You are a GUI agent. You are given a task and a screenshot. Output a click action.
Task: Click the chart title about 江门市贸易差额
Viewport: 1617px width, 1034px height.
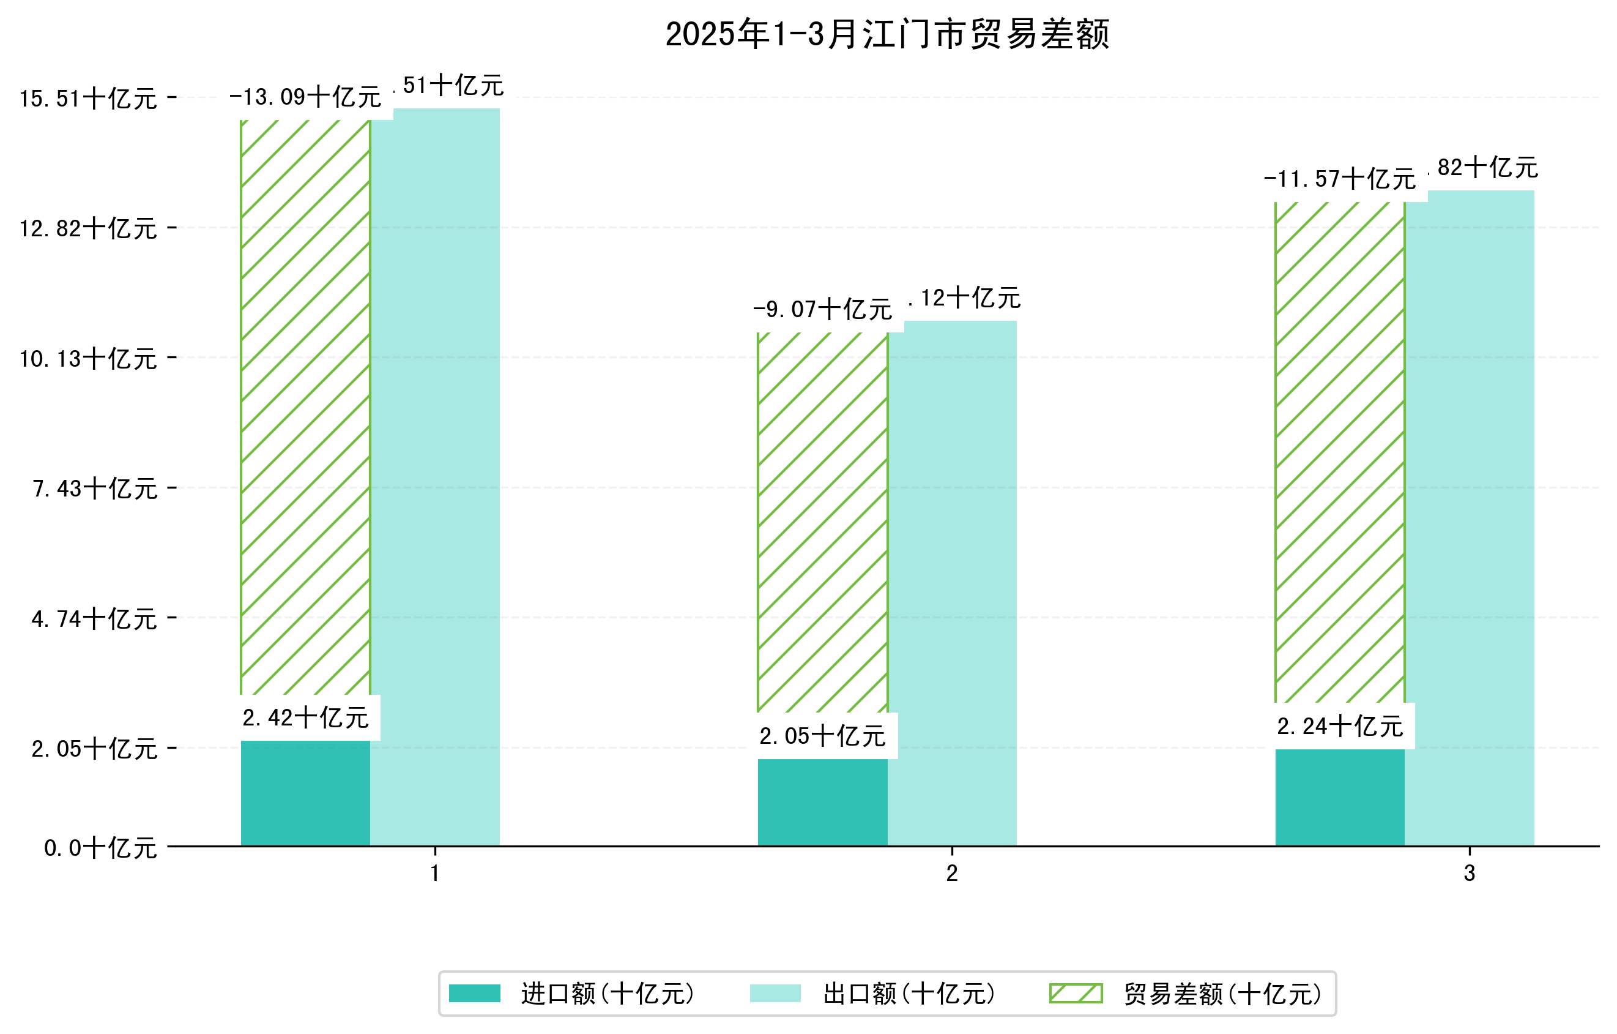pyautogui.click(x=887, y=34)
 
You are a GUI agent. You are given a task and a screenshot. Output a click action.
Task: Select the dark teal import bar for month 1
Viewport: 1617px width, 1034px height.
pyautogui.click(x=305, y=793)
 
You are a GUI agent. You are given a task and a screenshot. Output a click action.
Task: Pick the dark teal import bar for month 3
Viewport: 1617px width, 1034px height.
pyautogui.click(x=1340, y=798)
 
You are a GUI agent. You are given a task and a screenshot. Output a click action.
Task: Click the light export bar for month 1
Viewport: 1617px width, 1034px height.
pyautogui.click(x=435, y=470)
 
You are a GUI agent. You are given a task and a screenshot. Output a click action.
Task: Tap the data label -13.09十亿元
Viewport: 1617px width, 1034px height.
pyautogui.click(x=305, y=97)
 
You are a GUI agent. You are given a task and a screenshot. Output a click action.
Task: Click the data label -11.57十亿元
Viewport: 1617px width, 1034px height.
pyautogui.click(x=1339, y=179)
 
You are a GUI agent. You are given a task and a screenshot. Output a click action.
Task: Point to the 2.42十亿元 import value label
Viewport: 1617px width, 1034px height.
pyautogui.click(x=305, y=718)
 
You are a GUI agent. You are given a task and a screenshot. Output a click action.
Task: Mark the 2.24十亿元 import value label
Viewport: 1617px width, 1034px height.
pyautogui.click(x=1340, y=726)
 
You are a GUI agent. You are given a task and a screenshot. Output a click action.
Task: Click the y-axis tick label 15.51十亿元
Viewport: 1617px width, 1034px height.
pyautogui.click(x=88, y=99)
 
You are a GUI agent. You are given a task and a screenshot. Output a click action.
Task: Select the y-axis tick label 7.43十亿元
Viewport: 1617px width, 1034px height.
pyautogui.click(x=95, y=489)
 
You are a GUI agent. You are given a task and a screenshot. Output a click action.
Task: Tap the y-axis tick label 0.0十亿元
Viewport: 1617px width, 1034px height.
pyautogui.click(x=100, y=848)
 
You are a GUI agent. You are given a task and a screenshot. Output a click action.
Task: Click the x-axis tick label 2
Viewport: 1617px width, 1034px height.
pyautogui.click(x=951, y=874)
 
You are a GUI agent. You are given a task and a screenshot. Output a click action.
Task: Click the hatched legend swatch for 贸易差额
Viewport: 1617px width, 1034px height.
pyautogui.click(x=1076, y=993)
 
